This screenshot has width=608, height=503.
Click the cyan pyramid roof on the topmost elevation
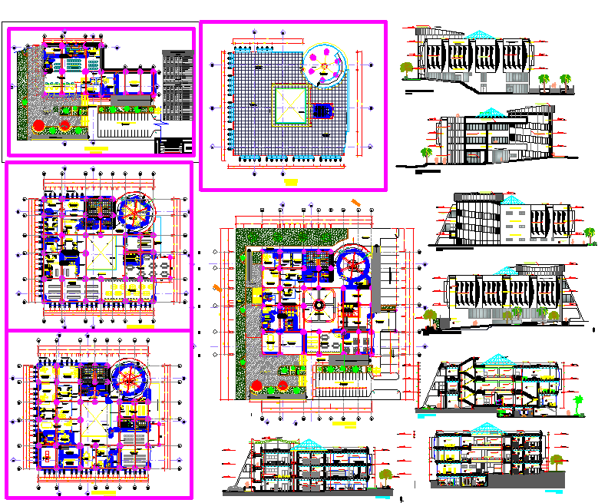tap(481, 35)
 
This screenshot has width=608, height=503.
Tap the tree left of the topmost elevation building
tap(406, 70)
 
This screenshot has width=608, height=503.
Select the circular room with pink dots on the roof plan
tap(325, 65)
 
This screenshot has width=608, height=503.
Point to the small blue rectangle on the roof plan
tap(323, 112)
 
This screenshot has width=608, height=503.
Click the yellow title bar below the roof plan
tap(291, 181)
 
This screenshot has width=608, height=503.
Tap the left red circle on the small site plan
tap(39, 125)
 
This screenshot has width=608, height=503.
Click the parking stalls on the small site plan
tap(123, 124)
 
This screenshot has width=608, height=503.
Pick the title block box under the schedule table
tap(174, 145)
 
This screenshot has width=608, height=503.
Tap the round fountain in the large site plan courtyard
tap(316, 305)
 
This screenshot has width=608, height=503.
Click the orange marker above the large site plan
tap(357, 203)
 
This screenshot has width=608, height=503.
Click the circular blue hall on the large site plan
tap(354, 266)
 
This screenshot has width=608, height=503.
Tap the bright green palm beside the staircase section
tap(580, 403)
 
